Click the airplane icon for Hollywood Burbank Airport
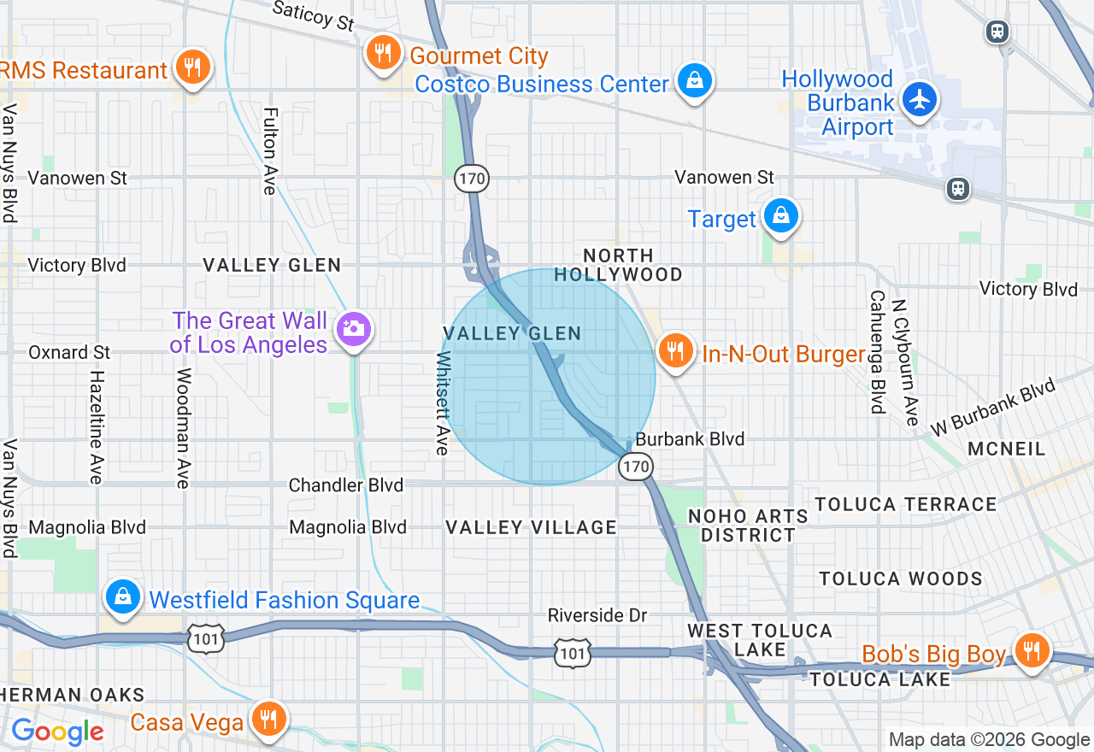(920, 100)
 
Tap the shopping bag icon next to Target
(781, 216)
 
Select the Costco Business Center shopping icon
(695, 81)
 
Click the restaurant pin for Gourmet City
(383, 53)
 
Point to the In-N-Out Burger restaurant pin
(675, 350)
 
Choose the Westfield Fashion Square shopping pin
(124, 596)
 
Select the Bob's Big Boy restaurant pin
(1032, 651)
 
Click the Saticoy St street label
(313, 15)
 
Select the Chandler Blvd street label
(345, 485)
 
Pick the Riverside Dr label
(597, 615)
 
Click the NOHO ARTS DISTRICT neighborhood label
(748, 526)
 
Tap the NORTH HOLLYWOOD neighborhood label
(618, 265)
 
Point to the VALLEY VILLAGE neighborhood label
(531, 527)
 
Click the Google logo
(57, 731)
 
